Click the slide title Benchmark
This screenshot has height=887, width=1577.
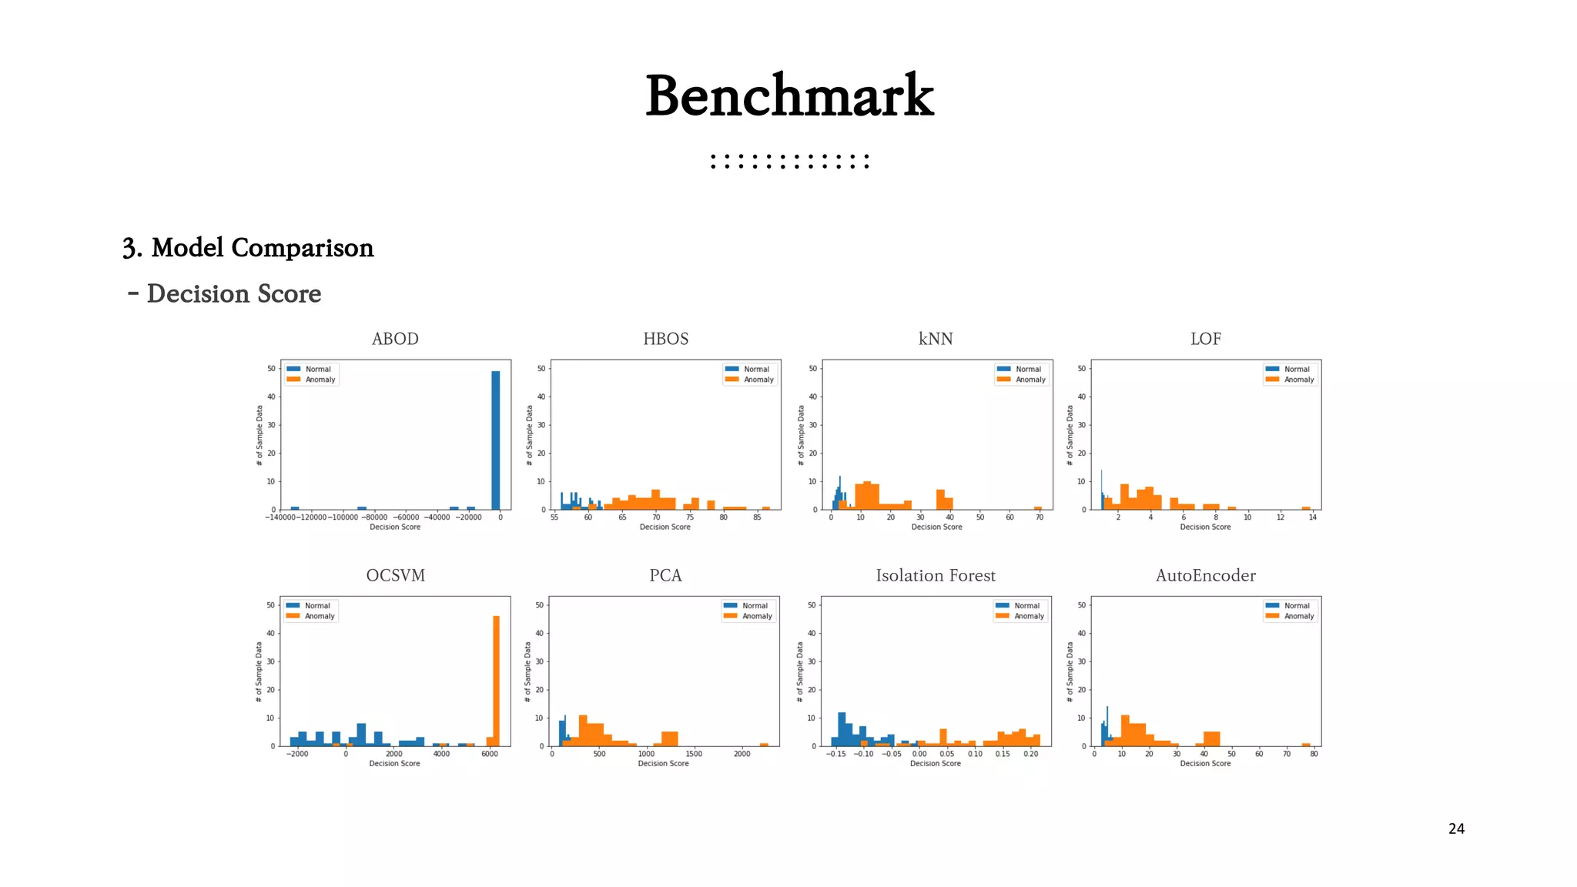click(789, 96)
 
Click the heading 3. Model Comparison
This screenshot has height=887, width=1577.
click(248, 248)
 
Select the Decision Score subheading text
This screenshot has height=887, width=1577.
click(233, 294)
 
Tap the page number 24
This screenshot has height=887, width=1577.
click(1456, 829)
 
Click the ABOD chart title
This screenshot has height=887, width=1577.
click(395, 339)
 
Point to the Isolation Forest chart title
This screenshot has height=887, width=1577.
click(936, 576)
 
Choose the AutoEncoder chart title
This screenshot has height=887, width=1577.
click(1205, 576)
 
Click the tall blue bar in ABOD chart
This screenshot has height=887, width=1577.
click(496, 440)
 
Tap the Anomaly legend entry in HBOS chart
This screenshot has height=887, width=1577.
click(758, 380)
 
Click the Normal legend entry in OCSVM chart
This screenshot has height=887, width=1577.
click(316, 606)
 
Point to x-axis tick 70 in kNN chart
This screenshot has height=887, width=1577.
click(1039, 517)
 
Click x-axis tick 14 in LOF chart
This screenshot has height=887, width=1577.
click(1312, 517)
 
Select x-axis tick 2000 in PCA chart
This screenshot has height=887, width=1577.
click(742, 754)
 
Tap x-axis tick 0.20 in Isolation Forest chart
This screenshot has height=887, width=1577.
click(1030, 754)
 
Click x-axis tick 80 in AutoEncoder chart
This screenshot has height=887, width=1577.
click(1314, 754)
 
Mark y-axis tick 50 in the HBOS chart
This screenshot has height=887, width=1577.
click(541, 369)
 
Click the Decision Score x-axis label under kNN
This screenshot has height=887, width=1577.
click(936, 527)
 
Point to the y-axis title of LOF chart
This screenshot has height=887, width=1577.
click(1070, 435)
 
